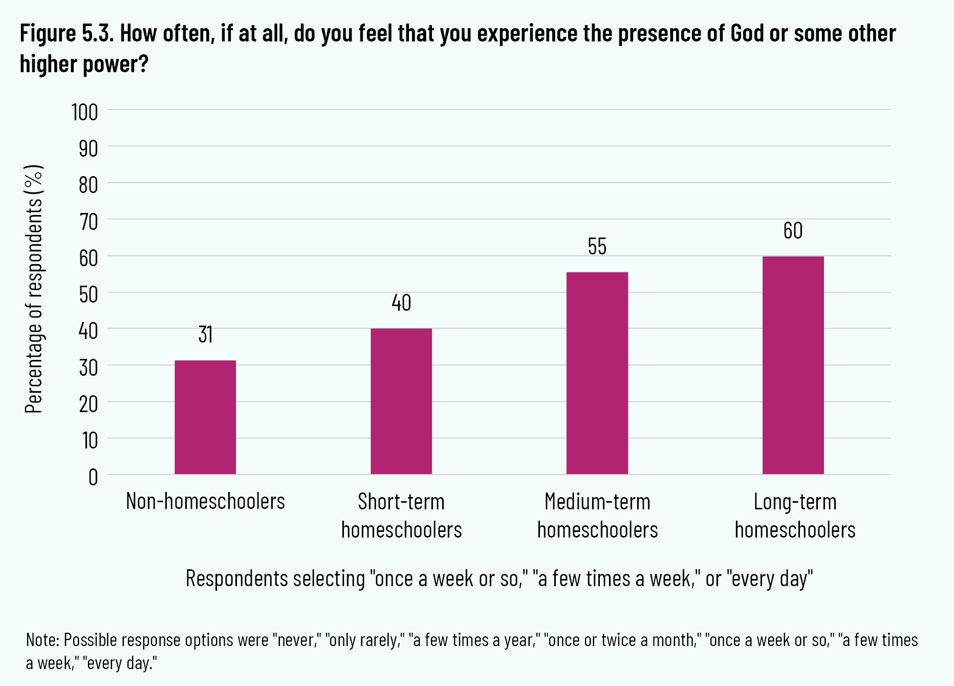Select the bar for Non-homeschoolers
coord(205,417)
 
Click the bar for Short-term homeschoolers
coord(401,401)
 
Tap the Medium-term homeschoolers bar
coord(597,373)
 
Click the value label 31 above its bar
coord(205,334)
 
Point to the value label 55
coord(597,247)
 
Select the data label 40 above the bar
coord(401,303)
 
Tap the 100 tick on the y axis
coord(85,112)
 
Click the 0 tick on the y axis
coord(93,477)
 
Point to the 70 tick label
coord(88,222)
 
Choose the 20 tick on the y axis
coord(88,404)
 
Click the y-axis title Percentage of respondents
coord(34,289)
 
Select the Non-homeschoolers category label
coord(205,501)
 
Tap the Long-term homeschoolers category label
coord(795,516)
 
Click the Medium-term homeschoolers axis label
coord(597,516)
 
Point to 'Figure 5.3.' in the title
coord(66,34)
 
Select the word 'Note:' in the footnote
coord(43,640)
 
